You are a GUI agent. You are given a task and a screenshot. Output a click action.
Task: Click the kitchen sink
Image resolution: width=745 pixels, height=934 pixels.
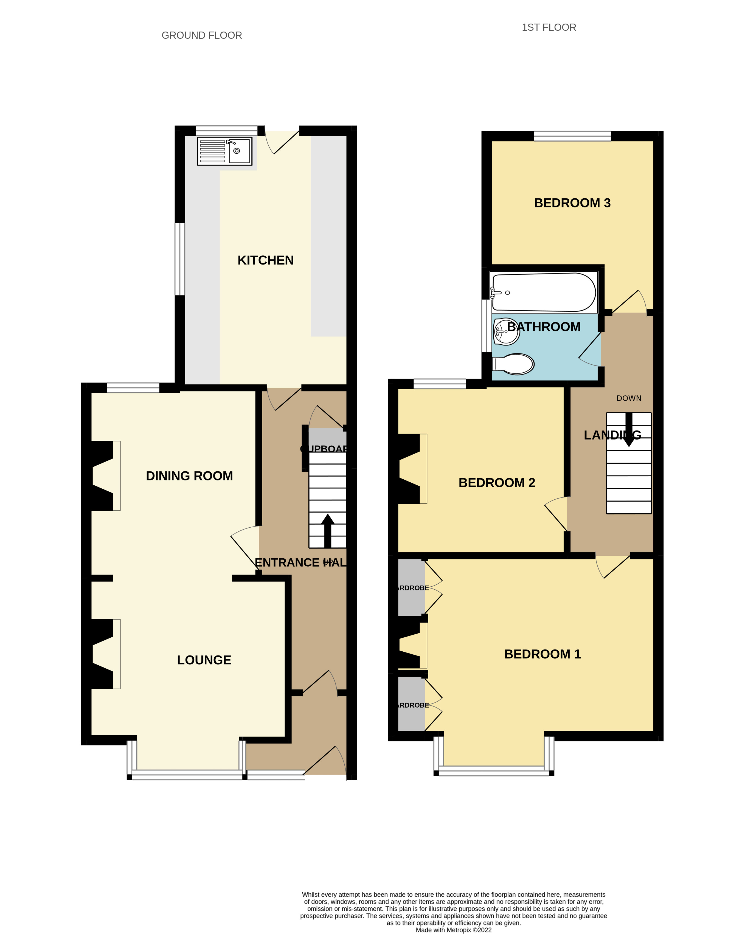click(224, 151)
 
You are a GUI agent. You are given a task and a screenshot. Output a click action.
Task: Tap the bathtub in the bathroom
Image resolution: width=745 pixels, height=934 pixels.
click(544, 292)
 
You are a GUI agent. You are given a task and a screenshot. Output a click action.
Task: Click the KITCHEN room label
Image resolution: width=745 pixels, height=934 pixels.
click(266, 260)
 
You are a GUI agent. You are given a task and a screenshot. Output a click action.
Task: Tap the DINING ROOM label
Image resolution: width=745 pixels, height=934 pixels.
click(189, 476)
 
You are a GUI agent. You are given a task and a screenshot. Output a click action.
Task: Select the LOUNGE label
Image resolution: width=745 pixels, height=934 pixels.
click(204, 660)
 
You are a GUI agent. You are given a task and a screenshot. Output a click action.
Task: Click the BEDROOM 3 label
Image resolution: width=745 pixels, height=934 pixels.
click(572, 203)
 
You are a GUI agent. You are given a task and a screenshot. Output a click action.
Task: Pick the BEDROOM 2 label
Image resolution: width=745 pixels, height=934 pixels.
click(497, 483)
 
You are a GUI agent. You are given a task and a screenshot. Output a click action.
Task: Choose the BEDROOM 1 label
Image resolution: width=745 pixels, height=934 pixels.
click(542, 654)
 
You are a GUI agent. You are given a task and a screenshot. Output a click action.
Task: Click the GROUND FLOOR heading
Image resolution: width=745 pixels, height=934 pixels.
click(202, 35)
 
